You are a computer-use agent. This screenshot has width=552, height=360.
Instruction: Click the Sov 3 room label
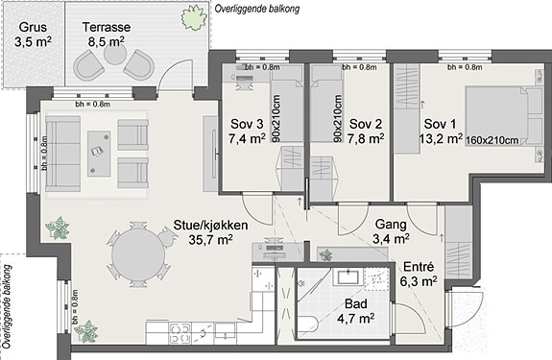(247, 132)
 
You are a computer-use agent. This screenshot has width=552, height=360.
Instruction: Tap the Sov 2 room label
(366, 132)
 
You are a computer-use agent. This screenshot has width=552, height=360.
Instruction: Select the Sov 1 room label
(441, 132)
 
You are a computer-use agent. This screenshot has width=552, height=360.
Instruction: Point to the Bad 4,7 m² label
(356, 311)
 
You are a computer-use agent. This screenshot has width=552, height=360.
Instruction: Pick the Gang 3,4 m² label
(391, 231)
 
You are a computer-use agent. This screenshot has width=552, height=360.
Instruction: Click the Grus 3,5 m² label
(33, 35)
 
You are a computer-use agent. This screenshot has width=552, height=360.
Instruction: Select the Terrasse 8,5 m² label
(107, 35)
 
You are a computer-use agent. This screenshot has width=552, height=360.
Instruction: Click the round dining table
(138, 254)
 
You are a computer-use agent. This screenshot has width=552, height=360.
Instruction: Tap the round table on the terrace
(115, 54)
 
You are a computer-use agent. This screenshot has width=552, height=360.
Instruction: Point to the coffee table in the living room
(99, 154)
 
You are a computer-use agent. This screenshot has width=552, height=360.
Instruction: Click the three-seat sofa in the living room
(62, 154)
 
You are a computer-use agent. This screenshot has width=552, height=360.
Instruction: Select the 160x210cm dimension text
(492, 141)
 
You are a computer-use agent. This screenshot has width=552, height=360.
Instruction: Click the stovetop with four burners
(180, 333)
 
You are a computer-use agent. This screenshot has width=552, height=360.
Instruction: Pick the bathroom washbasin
(348, 276)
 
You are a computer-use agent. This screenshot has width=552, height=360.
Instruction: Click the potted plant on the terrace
(194, 16)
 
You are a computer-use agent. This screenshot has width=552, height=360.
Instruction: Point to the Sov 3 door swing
(257, 209)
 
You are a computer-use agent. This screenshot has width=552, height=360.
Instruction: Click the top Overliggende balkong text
(257, 9)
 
